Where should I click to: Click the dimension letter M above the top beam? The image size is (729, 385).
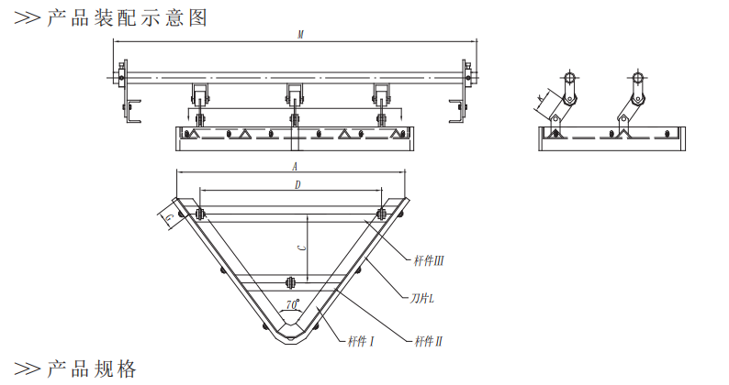click(300, 35)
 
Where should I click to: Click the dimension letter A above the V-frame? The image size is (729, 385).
click(294, 167)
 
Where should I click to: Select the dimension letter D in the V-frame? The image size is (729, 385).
click(296, 185)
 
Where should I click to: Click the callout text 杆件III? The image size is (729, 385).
click(430, 260)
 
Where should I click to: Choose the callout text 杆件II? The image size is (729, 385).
click(429, 341)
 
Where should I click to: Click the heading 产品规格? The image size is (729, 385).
click(91, 369)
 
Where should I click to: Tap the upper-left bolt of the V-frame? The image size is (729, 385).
click(198, 215)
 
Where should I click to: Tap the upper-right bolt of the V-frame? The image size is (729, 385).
click(381, 215)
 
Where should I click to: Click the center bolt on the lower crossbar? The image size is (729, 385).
click(290, 282)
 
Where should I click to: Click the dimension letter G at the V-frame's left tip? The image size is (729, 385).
click(169, 215)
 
